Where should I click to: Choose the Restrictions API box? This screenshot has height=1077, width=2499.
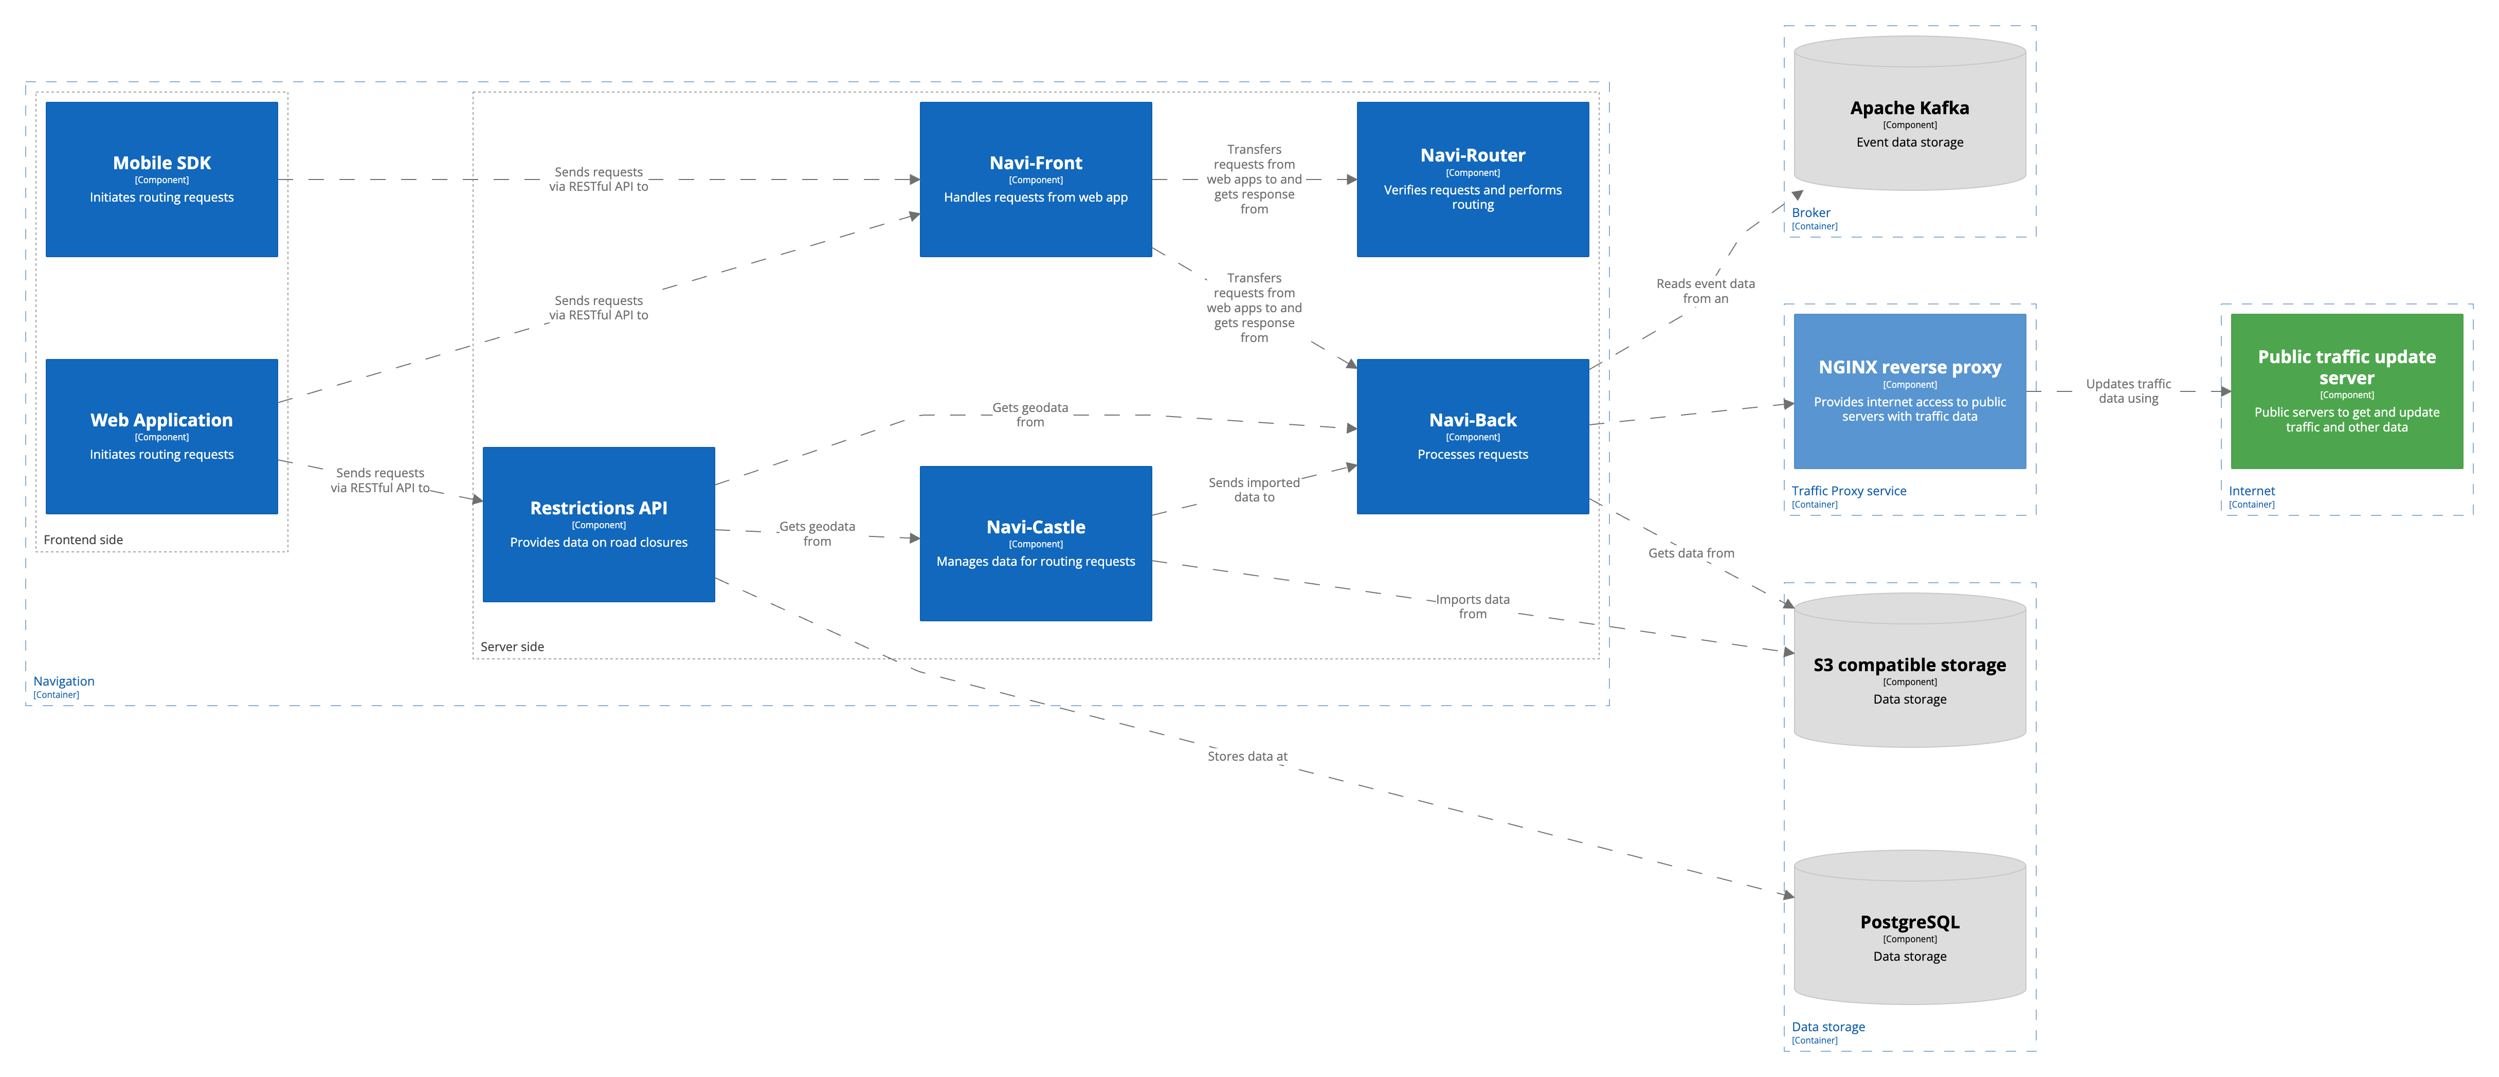click(x=599, y=524)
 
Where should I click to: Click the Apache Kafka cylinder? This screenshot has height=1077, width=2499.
click(x=1909, y=116)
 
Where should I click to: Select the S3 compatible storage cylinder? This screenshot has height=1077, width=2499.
click(x=1909, y=674)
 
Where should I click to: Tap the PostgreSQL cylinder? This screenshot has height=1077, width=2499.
click(x=1909, y=931)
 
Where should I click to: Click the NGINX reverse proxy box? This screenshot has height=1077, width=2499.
click(x=1909, y=391)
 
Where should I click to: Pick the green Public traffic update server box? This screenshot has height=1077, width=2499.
click(x=2346, y=391)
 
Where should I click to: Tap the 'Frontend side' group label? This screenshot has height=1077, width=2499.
click(x=83, y=540)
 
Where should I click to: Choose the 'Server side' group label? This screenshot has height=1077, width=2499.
click(x=512, y=646)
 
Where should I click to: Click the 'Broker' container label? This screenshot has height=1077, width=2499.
click(x=1810, y=212)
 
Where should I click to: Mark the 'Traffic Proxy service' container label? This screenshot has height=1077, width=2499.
click(x=1848, y=491)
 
